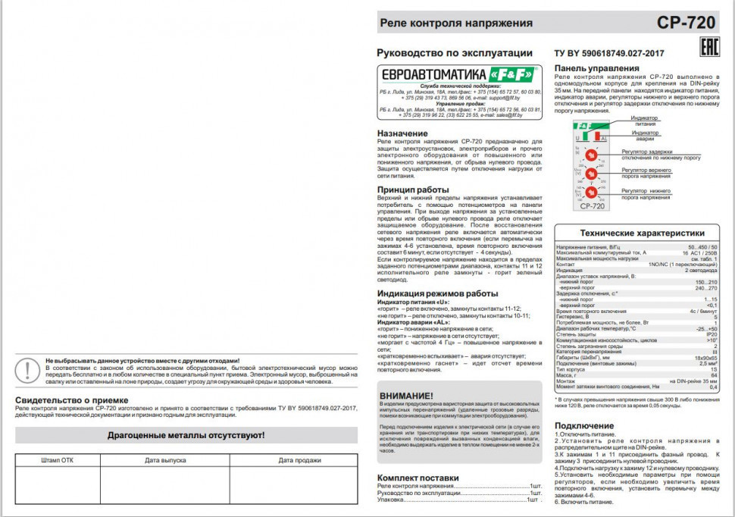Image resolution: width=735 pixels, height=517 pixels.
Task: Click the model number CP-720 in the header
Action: coord(686,23)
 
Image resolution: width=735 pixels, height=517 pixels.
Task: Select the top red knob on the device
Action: coord(592,155)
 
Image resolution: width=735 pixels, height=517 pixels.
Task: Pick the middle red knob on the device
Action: coord(592,174)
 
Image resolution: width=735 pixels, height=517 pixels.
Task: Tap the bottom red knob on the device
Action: coord(592,193)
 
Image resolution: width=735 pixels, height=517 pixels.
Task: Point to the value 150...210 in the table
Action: coord(705,281)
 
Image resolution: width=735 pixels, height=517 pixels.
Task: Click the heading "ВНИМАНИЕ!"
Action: coord(407,396)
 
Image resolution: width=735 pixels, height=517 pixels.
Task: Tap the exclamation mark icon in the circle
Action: coord(28,370)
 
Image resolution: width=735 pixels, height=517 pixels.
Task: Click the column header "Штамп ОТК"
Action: coord(58,460)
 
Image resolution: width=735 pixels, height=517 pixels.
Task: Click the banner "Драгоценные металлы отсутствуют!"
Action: coord(186,435)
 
